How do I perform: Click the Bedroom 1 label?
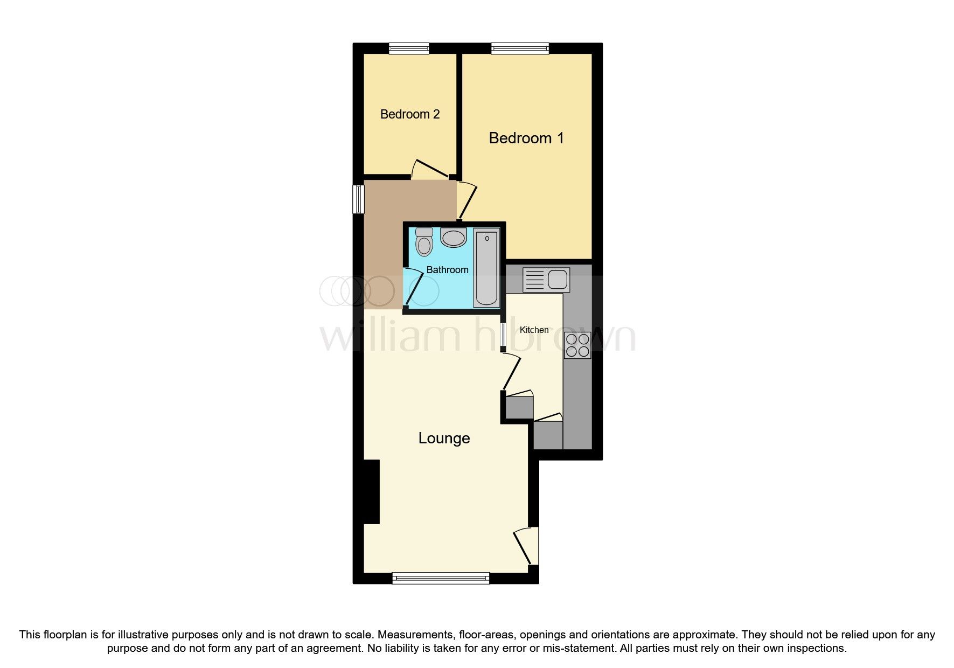coord(526,138)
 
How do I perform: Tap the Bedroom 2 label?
coord(410,114)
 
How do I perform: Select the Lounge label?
coord(444,439)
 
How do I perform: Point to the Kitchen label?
coord(534,330)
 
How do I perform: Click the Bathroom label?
coord(447,269)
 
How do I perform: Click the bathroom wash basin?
coord(454,237)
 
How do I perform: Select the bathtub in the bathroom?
coord(486,268)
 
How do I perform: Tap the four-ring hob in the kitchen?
coord(577,345)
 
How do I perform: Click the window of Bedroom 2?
coord(409,49)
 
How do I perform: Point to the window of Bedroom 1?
coord(520,49)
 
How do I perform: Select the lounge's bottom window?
coord(441,578)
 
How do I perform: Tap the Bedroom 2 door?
coord(430,168)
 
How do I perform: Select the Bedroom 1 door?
coord(466,202)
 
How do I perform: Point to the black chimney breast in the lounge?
coord(372,491)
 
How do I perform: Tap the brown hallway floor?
coord(384,242)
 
